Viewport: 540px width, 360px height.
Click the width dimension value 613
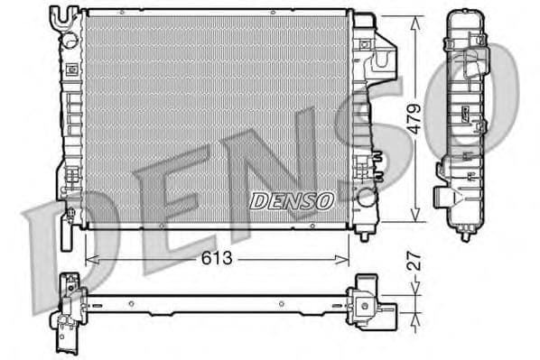click(217, 258)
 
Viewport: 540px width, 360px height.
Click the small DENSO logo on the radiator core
click(292, 199)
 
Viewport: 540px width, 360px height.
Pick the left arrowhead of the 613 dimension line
click(88, 260)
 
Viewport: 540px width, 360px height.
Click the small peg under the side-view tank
click(465, 236)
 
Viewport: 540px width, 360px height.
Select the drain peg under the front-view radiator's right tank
click(364, 235)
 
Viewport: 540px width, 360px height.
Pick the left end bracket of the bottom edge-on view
click(68, 311)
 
